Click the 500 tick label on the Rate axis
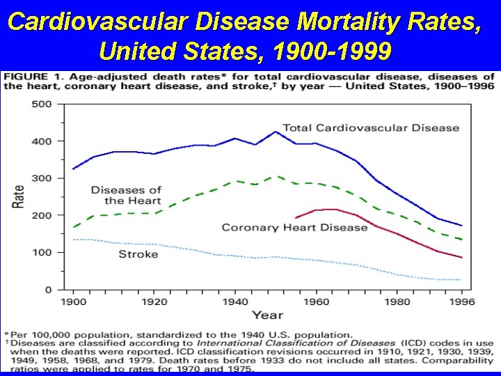click(42, 104)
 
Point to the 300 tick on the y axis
click(42, 178)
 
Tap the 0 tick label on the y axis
click(48, 290)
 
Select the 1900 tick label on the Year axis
click(74, 302)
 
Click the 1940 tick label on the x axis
click(236, 302)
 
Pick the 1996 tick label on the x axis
click(462, 302)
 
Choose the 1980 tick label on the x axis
click(398, 302)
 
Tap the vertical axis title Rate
click(19, 196)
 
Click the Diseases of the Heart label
click(126, 195)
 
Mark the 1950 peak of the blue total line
click(276, 132)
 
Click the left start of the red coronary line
click(296, 218)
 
